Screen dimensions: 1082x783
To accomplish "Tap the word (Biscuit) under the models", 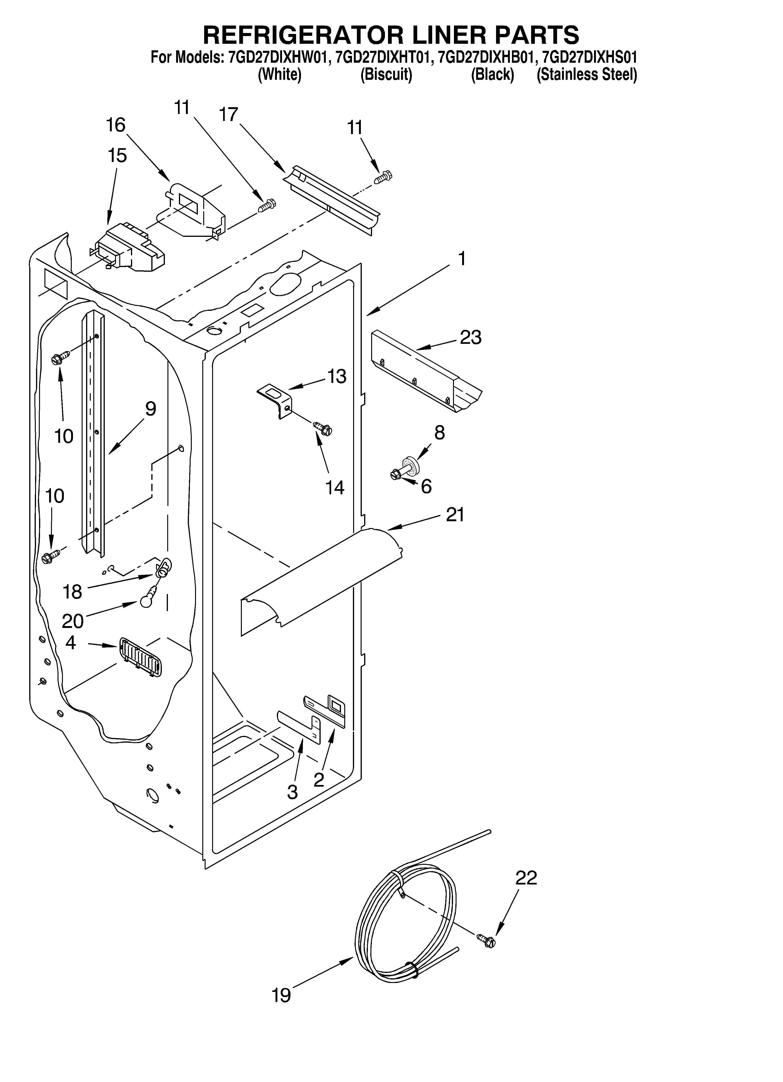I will pyautogui.click(x=386, y=75).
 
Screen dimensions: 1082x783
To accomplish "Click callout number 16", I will pyautogui.click(x=115, y=125).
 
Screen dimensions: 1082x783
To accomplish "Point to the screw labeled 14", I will pyautogui.click(x=322, y=427).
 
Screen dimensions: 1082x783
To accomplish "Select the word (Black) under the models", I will pyautogui.click(x=492, y=75).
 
